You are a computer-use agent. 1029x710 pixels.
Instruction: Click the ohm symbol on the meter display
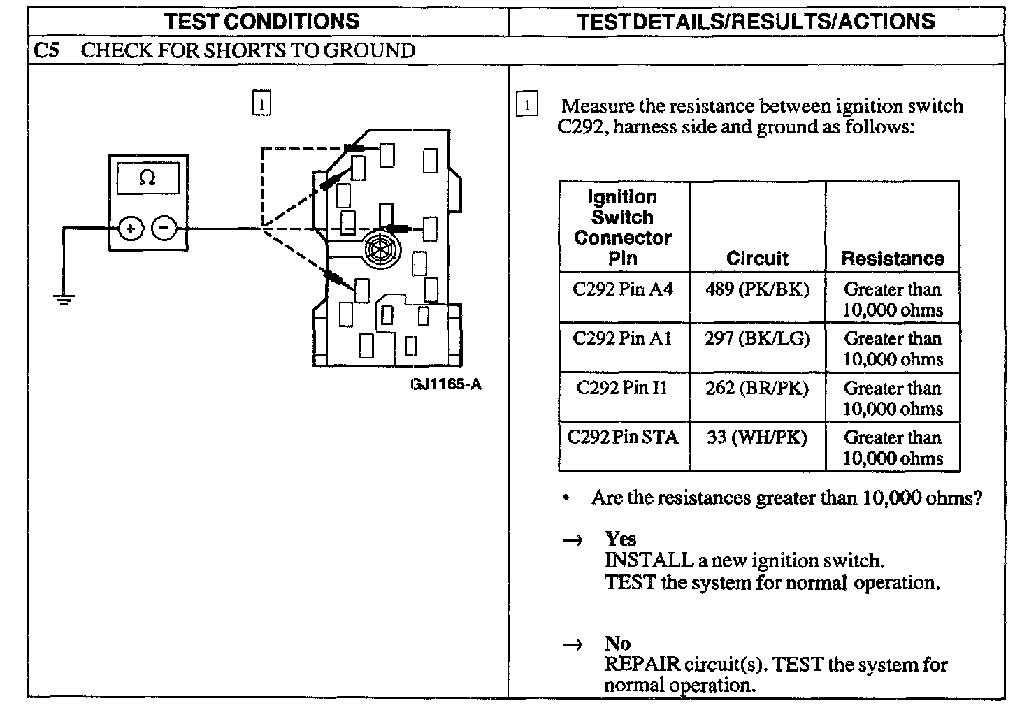coord(147,178)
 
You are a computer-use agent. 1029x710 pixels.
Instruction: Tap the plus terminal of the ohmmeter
coord(131,229)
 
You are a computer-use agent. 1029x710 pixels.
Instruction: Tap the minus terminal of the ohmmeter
coord(164,229)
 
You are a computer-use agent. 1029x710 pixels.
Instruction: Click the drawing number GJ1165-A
coord(446,384)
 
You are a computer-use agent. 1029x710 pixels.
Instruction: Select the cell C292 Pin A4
coord(623,289)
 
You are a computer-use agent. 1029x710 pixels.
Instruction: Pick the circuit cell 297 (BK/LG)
coord(757,338)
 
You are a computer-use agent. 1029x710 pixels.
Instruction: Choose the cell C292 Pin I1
coord(623,388)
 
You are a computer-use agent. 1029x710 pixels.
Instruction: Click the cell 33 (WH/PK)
coord(757,437)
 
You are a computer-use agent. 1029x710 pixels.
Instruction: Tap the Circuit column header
coord(757,259)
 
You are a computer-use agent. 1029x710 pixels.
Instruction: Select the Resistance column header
coord(893,259)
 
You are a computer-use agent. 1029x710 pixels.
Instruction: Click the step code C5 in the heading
coord(46,50)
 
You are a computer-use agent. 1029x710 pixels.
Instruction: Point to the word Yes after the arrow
coord(621,539)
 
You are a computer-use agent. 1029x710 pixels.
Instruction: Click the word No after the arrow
coord(618,644)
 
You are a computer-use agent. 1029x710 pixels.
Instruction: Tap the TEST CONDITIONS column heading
coord(262,21)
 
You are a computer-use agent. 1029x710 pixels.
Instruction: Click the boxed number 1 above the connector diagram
coord(261,104)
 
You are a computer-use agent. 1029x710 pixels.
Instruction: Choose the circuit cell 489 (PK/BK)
coord(757,289)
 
